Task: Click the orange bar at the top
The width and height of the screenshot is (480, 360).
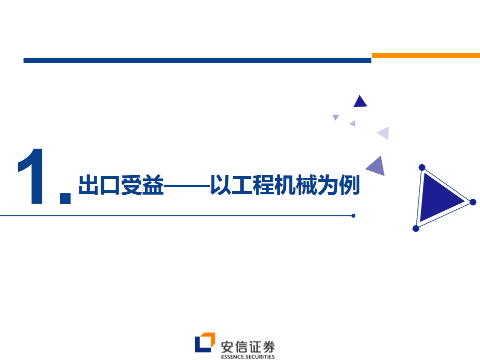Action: point(425,56)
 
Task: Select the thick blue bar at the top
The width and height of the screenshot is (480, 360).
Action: point(197,61)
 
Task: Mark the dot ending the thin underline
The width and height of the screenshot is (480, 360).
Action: point(353,216)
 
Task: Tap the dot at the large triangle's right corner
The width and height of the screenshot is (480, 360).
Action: point(472,202)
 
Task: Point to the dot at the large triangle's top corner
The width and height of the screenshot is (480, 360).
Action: point(422,167)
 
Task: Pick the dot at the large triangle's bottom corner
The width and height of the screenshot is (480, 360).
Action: point(415,228)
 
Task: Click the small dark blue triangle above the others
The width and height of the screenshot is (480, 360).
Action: point(360,102)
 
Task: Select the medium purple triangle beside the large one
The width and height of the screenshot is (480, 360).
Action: point(376,166)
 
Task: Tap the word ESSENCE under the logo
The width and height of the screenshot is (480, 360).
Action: point(234,357)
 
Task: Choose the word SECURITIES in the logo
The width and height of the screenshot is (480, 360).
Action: point(261,357)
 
